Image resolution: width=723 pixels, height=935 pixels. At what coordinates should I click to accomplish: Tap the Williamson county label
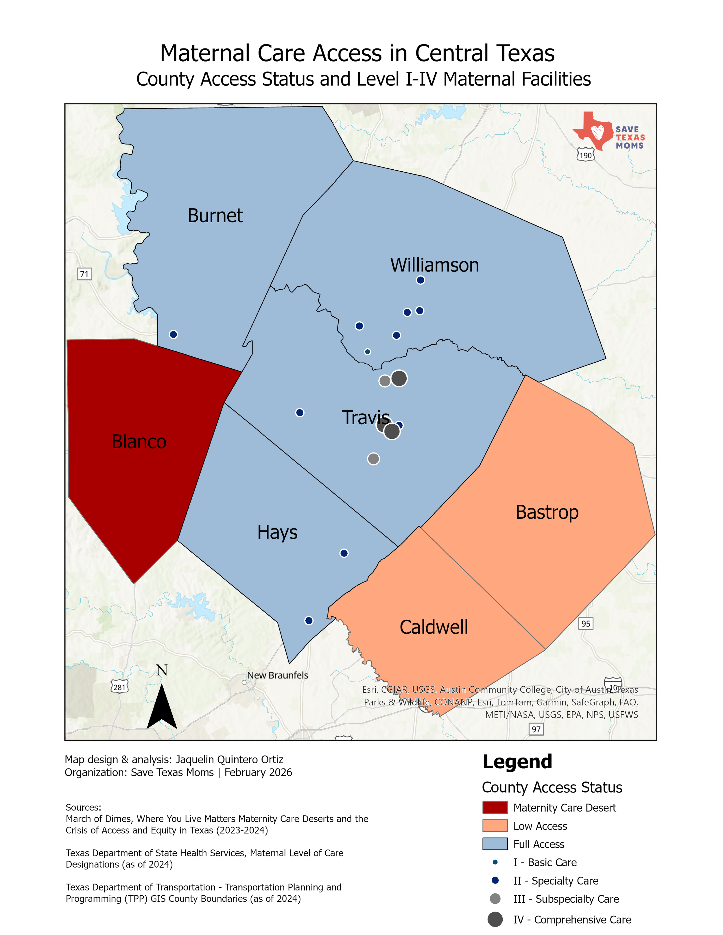pyautogui.click(x=434, y=265)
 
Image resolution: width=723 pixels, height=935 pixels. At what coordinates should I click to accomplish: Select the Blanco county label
pyautogui.click(x=139, y=442)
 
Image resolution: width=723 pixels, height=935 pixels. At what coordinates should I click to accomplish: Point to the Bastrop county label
pyautogui.click(x=547, y=512)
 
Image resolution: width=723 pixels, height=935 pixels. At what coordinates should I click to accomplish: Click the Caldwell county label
pyautogui.click(x=434, y=627)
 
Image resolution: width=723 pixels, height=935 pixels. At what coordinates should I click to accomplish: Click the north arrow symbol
pyautogui.click(x=162, y=702)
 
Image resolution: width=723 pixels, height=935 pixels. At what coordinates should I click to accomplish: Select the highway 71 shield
pyautogui.click(x=85, y=274)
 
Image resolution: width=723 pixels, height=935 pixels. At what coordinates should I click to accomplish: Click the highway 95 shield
pyautogui.click(x=586, y=624)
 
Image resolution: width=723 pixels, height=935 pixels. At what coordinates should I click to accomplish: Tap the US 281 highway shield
pyautogui.click(x=119, y=687)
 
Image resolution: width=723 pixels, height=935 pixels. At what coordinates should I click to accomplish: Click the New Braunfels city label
pyautogui.click(x=278, y=675)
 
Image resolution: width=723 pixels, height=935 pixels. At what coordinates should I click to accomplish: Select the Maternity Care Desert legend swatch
pyautogui.click(x=495, y=808)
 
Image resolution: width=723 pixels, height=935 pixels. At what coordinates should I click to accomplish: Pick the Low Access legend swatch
pyautogui.click(x=495, y=826)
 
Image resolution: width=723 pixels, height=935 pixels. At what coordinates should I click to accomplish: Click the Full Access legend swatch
pyautogui.click(x=495, y=844)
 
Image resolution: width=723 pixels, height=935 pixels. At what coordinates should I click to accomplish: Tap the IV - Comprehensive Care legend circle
pyautogui.click(x=495, y=919)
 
